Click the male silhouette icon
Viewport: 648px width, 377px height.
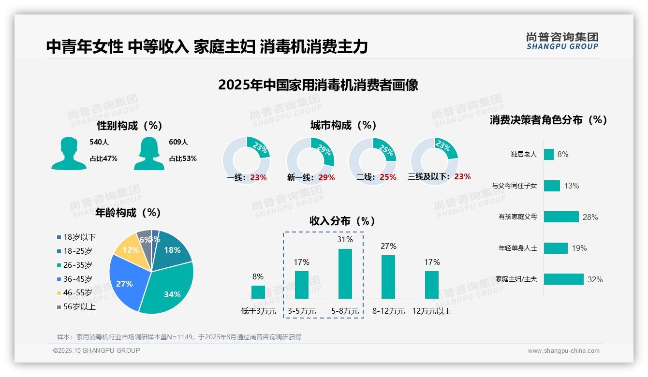69,153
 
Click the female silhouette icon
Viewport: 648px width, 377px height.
149,153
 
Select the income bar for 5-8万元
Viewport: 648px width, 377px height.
345,274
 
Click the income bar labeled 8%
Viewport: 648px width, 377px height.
258,292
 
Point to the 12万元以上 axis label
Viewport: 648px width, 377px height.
431,311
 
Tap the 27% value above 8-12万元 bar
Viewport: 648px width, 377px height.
388,246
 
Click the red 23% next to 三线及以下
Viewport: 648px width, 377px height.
462,177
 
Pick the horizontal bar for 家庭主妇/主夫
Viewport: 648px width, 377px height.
563,279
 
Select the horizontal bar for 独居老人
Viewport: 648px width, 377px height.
548,154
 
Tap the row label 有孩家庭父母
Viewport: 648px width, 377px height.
517,217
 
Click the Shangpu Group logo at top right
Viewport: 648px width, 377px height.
562,41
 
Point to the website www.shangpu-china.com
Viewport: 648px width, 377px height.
563,351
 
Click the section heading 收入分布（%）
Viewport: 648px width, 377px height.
342,221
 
